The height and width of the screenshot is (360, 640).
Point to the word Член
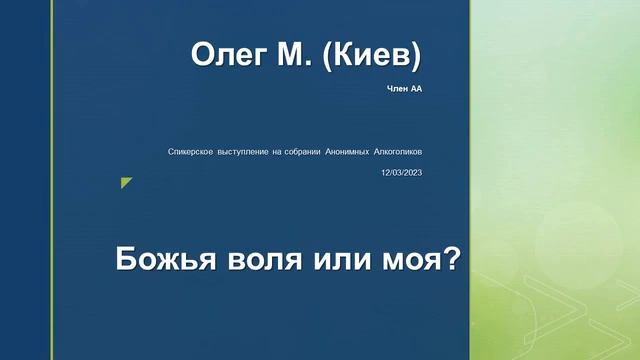coord(397,90)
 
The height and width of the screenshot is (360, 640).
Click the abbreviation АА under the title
coord(417,90)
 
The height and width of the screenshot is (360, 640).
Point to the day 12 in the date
coord(386,172)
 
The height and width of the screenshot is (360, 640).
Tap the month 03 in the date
coord(397,172)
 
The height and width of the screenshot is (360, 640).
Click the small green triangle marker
coord(125,181)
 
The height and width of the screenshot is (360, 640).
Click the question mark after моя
coord(450,260)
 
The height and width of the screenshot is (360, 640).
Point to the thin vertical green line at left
coord(52,180)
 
